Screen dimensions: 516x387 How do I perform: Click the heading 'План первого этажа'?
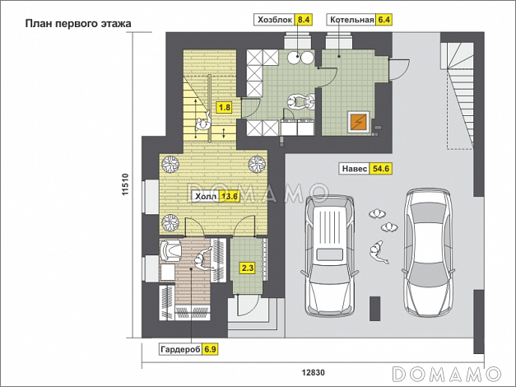click(78, 24)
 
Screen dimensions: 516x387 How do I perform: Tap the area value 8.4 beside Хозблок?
click(304, 20)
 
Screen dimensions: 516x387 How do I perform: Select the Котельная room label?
click(351, 20)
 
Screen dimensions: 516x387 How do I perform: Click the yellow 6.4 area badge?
click(384, 20)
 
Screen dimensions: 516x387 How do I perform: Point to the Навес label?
click(355, 169)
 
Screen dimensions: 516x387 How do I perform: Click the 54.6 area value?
click(381, 169)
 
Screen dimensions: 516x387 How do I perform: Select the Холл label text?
click(206, 197)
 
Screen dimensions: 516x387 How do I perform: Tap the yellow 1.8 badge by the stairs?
click(225, 107)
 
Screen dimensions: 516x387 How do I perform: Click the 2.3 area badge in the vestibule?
click(248, 268)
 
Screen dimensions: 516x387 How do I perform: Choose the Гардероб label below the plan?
click(180, 349)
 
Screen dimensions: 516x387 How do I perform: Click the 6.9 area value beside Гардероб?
click(210, 349)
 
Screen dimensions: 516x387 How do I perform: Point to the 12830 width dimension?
click(313, 372)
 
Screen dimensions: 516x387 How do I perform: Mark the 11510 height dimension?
click(125, 184)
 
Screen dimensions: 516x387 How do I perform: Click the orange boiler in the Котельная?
click(358, 122)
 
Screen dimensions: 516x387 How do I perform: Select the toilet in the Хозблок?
click(301, 101)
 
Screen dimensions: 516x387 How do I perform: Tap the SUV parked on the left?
click(329, 255)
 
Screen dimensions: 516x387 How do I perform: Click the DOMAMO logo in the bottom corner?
click(447, 374)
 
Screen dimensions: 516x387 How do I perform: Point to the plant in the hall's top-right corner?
click(257, 164)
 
